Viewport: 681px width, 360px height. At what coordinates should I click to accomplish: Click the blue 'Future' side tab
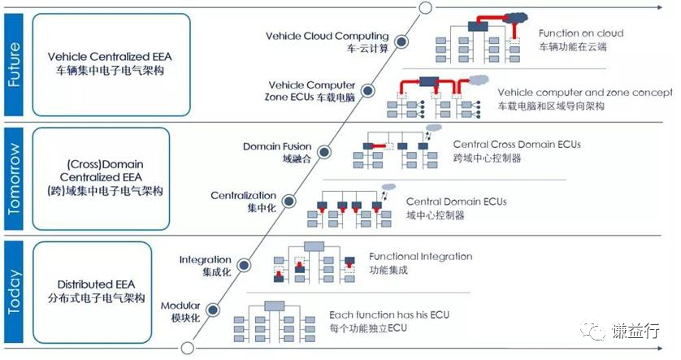click(14, 63)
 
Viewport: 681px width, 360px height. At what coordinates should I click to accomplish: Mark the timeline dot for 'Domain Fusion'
click(325, 151)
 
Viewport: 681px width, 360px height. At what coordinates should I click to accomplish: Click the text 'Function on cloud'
click(580, 33)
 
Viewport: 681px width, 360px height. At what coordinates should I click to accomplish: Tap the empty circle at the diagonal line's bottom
click(187, 349)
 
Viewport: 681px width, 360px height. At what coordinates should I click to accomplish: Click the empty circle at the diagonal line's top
click(423, 7)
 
